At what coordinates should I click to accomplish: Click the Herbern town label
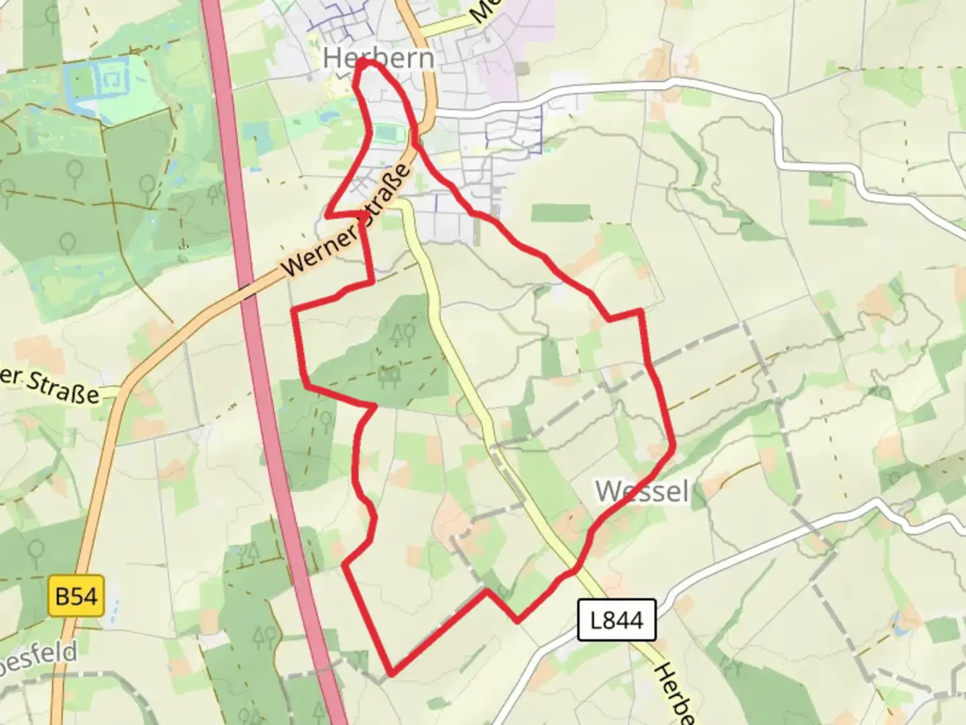click(x=378, y=58)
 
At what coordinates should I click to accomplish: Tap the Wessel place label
click(x=642, y=491)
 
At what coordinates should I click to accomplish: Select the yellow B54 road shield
click(x=76, y=596)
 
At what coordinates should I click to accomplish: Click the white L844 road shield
click(x=616, y=620)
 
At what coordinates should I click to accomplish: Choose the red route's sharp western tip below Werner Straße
click(x=327, y=215)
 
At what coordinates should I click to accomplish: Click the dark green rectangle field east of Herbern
click(x=561, y=213)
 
